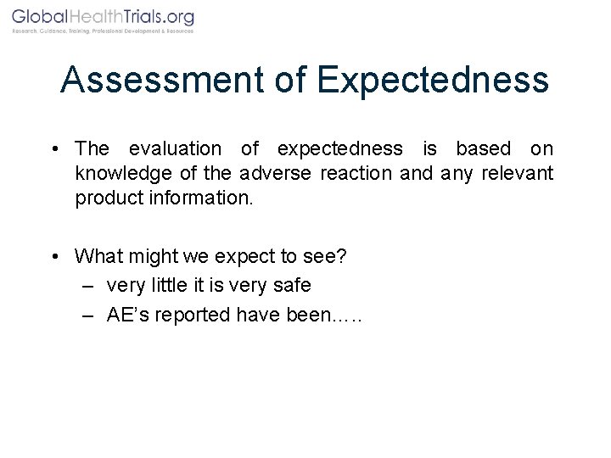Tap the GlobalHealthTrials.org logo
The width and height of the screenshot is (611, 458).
coord(103,17)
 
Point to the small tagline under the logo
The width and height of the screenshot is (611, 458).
coord(103,31)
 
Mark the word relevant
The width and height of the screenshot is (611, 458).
coord(518,174)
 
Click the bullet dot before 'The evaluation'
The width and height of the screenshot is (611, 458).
coord(53,149)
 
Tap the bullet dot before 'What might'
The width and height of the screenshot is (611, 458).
coord(53,256)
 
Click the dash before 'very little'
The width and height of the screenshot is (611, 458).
coord(88,286)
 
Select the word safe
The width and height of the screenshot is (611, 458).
coord(293,285)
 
